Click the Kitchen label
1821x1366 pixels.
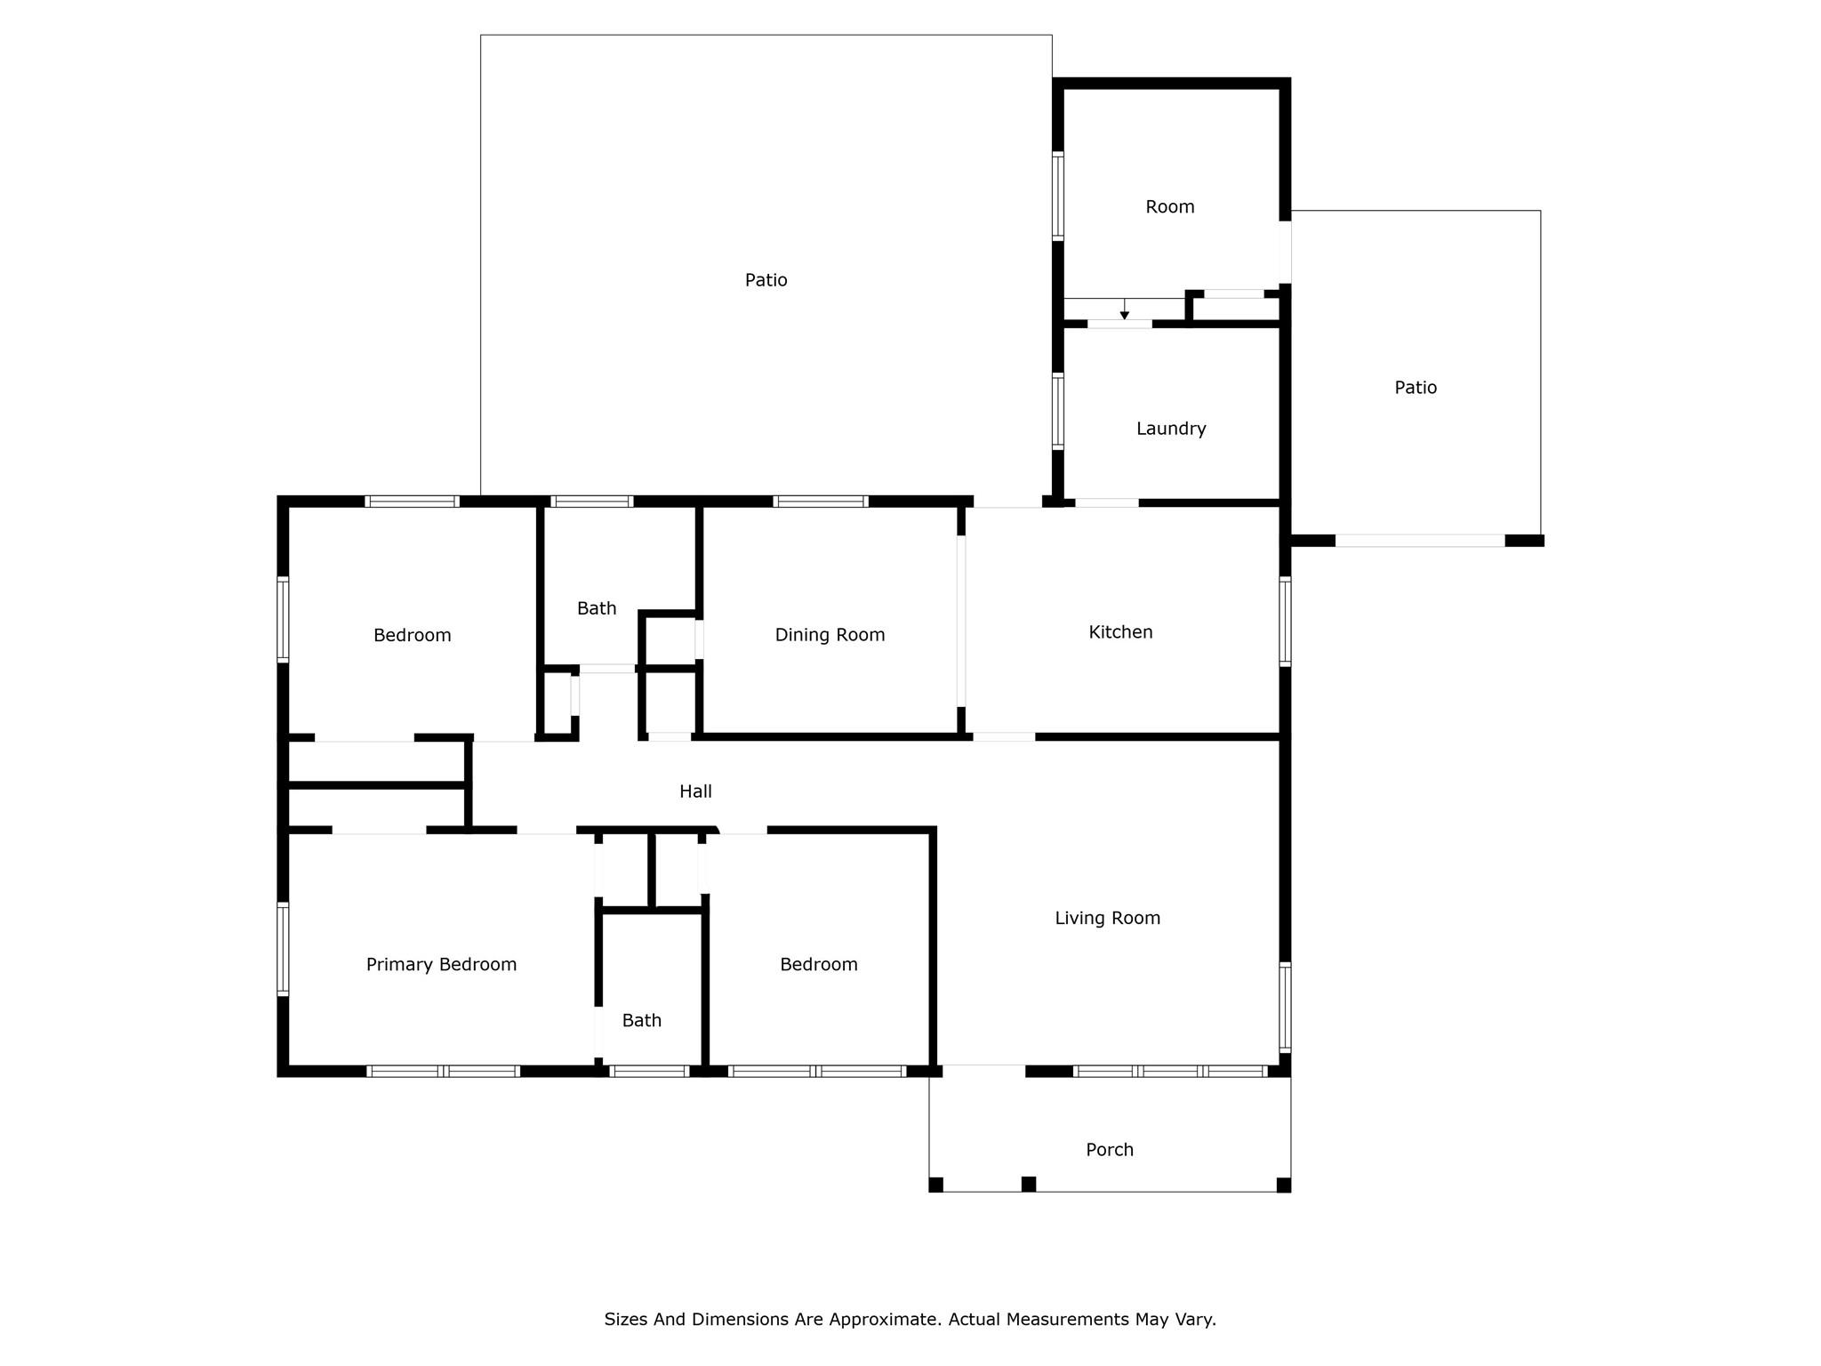tap(1120, 632)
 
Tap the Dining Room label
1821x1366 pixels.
tap(830, 635)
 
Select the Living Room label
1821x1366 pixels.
tap(1107, 918)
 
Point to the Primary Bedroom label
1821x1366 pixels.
tap(441, 964)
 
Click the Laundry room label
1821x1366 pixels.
tap(1171, 429)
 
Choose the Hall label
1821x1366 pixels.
tap(695, 791)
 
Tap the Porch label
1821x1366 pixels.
tap(1110, 1150)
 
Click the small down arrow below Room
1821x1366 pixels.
tap(1125, 314)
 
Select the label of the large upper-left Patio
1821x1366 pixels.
tap(766, 280)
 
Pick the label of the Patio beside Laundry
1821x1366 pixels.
tap(1416, 388)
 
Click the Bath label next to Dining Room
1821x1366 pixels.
tap(596, 608)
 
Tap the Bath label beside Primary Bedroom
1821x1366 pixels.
tap(641, 1020)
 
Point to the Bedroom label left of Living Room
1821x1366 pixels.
tap(818, 964)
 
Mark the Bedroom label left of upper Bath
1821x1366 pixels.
tap(412, 635)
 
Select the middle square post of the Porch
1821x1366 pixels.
tap(1029, 1184)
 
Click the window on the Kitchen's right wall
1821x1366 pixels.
tap(1285, 621)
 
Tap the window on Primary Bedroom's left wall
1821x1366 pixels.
tap(283, 948)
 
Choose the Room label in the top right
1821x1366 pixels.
tap(1169, 207)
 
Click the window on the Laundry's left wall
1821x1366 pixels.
tap(1058, 410)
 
